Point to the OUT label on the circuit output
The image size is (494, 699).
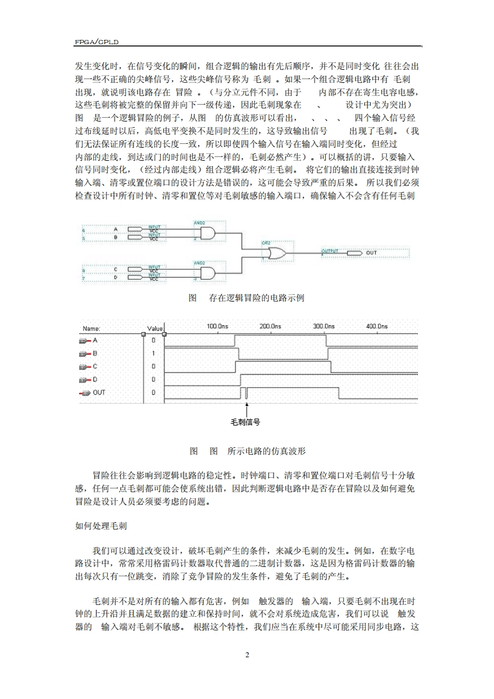[x=371, y=253]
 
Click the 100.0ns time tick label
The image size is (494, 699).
[x=218, y=326]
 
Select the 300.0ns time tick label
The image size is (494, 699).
[x=324, y=326]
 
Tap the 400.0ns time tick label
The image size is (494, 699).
[x=377, y=326]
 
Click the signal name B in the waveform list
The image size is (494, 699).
[x=95, y=353]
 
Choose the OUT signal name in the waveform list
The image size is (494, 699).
[x=98, y=392]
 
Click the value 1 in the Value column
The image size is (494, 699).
[x=153, y=353]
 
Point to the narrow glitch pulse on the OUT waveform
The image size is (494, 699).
[x=247, y=392]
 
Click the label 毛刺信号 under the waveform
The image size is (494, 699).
[x=245, y=422]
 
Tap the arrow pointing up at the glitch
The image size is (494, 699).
[x=247, y=409]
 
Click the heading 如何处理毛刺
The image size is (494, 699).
[x=102, y=526]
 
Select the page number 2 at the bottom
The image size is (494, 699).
[x=247, y=655]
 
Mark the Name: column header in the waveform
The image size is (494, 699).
[x=92, y=328]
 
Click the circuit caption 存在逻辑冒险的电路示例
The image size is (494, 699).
[x=257, y=298]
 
